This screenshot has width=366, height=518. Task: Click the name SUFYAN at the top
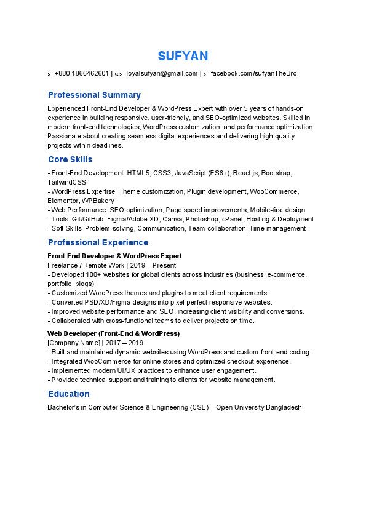pos(183,56)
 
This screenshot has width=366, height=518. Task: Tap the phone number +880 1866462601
pos(81,74)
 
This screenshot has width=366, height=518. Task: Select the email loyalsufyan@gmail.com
pos(162,74)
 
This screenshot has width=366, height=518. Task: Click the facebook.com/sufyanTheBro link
pos(253,74)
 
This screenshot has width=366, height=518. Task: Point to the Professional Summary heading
pos(94,95)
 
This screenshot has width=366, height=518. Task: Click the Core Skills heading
pos(70,160)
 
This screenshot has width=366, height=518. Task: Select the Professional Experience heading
pos(98,242)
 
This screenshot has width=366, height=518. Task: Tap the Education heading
pos(68,394)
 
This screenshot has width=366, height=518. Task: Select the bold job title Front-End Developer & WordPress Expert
pos(114,256)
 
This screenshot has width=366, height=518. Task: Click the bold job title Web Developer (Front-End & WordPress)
pos(113,333)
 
